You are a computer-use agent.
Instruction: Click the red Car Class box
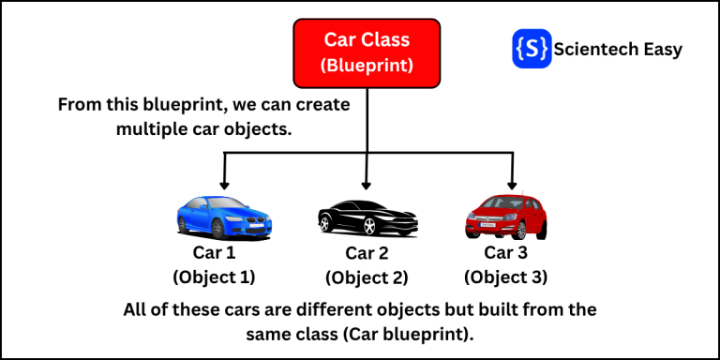[367, 52]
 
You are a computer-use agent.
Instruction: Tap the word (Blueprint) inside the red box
[367, 67]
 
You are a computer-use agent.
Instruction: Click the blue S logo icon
[532, 49]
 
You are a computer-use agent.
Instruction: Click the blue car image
[223, 215]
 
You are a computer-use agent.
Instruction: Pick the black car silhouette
[367, 217]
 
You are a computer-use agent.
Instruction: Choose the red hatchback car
[506, 217]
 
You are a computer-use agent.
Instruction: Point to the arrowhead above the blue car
[224, 184]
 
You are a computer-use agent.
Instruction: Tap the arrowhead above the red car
[511, 184]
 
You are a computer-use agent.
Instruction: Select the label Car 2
[367, 253]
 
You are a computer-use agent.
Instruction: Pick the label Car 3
[506, 252]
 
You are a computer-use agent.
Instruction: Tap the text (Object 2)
[367, 277]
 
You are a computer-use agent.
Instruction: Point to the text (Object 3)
[506, 277]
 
